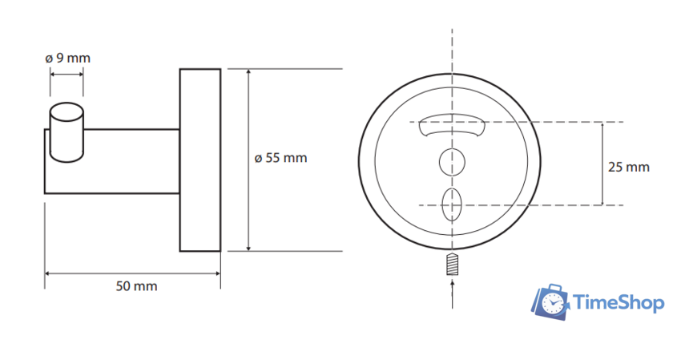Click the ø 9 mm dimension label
pyautogui.click(x=68, y=59)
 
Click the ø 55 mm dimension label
pyautogui.click(x=280, y=158)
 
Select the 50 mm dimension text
pyautogui.click(x=136, y=286)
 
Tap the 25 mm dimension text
pyautogui.click(x=629, y=167)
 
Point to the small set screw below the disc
pyautogui.click(x=453, y=265)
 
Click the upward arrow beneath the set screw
pyautogui.click(x=453, y=293)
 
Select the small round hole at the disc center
pyautogui.click(x=452, y=163)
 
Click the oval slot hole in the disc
pyautogui.click(x=452, y=205)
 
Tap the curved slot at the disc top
pyautogui.click(x=452, y=124)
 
